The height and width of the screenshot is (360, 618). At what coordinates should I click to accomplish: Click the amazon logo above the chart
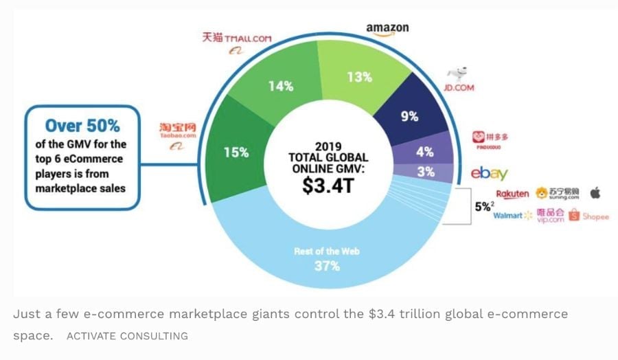pyautogui.click(x=387, y=28)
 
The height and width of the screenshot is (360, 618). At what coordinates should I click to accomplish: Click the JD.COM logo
pyautogui.click(x=459, y=80)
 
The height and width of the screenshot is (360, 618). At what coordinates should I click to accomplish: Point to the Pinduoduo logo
pyautogui.click(x=494, y=140)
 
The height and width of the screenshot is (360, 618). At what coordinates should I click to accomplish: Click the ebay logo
pyautogui.click(x=489, y=174)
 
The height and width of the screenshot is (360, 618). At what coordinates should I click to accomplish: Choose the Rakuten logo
pyautogui.click(x=512, y=194)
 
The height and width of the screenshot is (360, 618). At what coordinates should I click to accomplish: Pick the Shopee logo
pyautogui.click(x=588, y=216)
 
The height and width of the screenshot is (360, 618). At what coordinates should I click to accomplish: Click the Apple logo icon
pyautogui.click(x=595, y=193)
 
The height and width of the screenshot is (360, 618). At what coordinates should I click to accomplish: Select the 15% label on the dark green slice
pyautogui.click(x=236, y=153)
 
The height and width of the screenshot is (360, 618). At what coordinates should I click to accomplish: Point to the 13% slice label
pyautogui.click(x=359, y=78)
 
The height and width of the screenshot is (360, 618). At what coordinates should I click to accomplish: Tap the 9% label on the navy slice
pyautogui.click(x=410, y=116)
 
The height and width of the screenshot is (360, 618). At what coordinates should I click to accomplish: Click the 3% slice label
pyautogui.click(x=426, y=172)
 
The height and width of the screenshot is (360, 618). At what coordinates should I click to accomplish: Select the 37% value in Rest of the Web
pyautogui.click(x=327, y=266)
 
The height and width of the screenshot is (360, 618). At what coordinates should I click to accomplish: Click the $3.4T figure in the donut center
pyautogui.click(x=328, y=185)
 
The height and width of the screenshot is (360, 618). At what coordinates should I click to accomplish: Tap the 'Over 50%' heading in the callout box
pyautogui.click(x=82, y=126)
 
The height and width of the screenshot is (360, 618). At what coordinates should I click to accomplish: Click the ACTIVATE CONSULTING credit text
pyautogui.click(x=127, y=336)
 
